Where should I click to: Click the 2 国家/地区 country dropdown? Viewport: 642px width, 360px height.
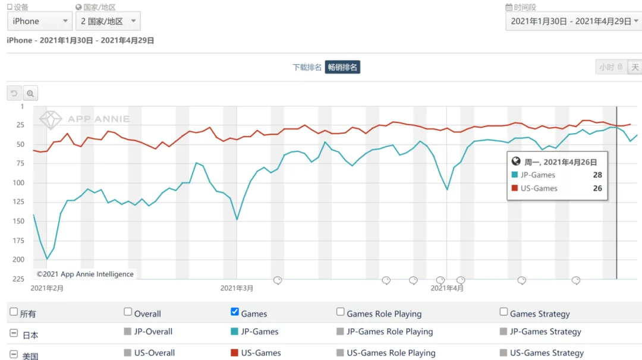(109, 21)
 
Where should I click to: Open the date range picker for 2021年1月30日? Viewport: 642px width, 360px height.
(573, 21)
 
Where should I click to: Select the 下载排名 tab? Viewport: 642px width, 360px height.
(307, 67)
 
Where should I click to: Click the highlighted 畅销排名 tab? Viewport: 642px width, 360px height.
(342, 67)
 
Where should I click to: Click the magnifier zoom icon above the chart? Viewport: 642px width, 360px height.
(30, 93)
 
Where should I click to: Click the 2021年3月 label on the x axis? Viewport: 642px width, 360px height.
(237, 288)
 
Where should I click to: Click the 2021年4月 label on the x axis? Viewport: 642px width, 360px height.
(447, 288)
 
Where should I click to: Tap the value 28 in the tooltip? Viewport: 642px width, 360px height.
(597, 175)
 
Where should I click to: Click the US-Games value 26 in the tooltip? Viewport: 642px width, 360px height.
(597, 188)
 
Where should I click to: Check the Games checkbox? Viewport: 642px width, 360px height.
(235, 312)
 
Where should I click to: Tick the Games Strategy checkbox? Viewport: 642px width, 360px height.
(503, 312)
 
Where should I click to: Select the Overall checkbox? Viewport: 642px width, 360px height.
(128, 312)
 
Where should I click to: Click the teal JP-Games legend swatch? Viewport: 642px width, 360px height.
(234, 331)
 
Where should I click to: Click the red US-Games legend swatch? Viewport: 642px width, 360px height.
(234, 353)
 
